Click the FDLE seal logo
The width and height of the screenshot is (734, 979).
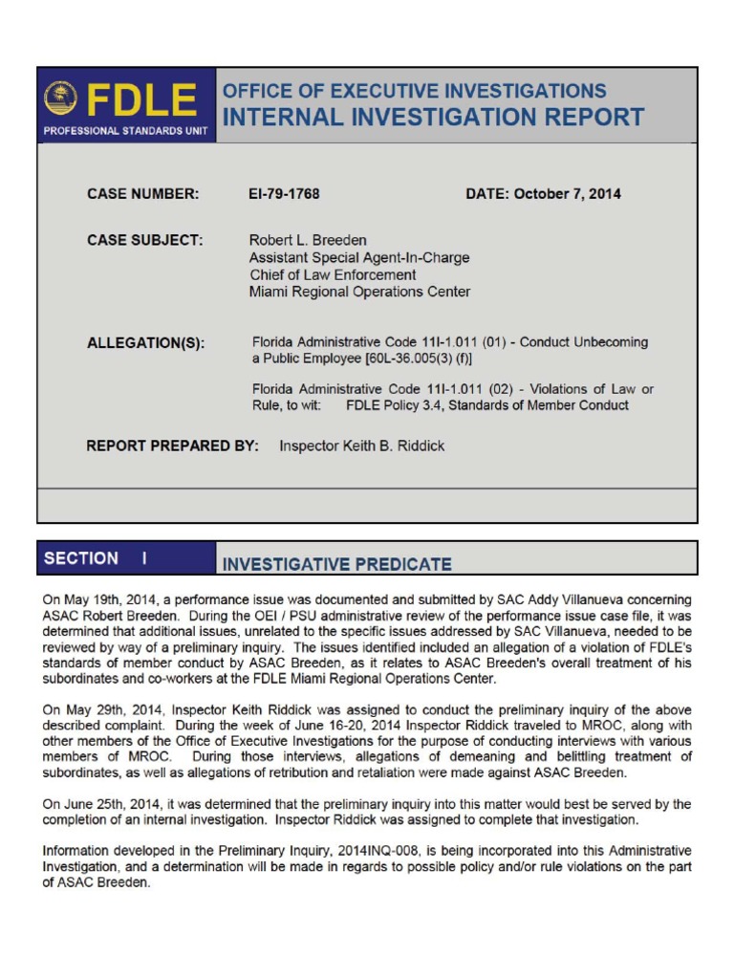tap(61, 98)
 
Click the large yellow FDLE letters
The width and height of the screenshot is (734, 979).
tap(143, 100)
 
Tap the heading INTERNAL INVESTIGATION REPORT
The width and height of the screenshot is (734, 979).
tap(433, 118)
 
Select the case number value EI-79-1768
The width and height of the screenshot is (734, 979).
tap(284, 194)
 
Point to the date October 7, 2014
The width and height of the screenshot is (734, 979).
tap(543, 194)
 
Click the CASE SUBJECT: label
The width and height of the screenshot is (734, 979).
tap(145, 241)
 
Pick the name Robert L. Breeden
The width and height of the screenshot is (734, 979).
tap(308, 241)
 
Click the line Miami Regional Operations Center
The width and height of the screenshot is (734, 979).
tap(359, 293)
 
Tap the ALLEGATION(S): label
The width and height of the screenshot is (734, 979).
tap(145, 343)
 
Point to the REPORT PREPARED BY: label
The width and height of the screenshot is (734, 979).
tap(172, 446)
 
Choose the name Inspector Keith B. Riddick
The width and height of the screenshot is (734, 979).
tap(361, 446)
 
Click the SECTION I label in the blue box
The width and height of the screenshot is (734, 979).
tap(97, 558)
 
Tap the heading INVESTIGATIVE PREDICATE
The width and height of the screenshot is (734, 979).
tap(337, 564)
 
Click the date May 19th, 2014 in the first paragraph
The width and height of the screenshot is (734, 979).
tap(106, 599)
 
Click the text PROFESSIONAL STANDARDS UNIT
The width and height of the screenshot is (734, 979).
tap(126, 131)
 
